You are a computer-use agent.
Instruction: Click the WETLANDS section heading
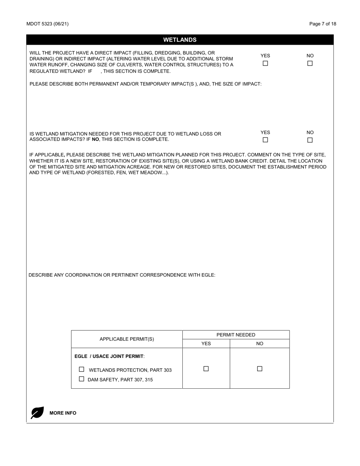[180, 40]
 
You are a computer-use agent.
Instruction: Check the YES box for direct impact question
[265, 63]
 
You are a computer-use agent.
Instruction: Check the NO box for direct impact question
[310, 63]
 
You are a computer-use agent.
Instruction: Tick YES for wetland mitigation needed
[265, 140]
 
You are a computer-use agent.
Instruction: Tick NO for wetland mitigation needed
[310, 140]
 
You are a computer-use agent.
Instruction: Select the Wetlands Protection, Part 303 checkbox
[81, 369]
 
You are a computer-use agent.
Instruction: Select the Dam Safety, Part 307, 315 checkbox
[81, 379]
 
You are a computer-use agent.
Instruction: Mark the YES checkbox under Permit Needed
[206, 369]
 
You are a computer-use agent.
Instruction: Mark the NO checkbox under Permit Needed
[260, 369]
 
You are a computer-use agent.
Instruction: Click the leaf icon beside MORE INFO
[37, 413]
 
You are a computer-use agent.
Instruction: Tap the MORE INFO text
[63, 413]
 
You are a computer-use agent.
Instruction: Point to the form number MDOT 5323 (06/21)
[47, 24]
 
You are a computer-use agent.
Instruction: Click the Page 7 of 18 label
[322, 24]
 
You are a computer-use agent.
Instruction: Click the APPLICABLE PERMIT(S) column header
[127, 339]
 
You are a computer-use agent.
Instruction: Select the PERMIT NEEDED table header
[236, 335]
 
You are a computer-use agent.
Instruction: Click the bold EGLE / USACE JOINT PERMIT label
[109, 356]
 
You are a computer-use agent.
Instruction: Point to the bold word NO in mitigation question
[95, 139]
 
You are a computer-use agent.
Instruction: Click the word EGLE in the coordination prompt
[208, 275]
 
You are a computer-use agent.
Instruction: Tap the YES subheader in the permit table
[206, 344]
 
